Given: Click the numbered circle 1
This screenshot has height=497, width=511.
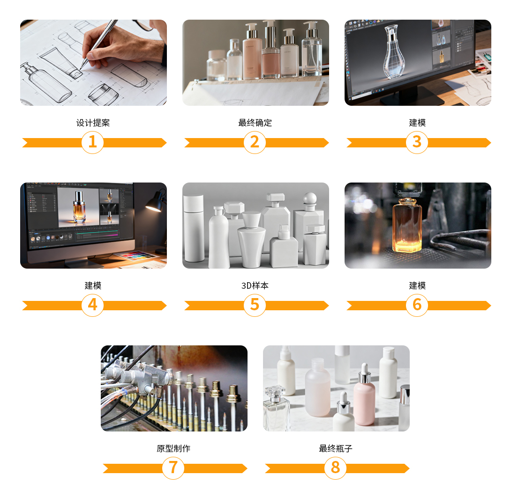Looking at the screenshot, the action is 92,142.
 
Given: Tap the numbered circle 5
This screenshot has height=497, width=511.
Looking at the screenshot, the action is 255,305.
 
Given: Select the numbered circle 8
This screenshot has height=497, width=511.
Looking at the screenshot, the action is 336,468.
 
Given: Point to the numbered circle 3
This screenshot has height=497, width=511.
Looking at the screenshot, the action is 417,142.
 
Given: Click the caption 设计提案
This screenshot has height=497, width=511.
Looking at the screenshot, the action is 93,123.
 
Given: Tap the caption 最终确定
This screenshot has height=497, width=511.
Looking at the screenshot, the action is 255,123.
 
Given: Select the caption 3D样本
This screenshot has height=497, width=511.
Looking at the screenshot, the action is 255,285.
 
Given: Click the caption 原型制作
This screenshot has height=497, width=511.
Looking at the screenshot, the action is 173,448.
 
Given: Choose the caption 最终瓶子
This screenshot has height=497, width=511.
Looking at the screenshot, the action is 336,448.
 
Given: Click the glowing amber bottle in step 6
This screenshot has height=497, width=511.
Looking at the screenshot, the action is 407,225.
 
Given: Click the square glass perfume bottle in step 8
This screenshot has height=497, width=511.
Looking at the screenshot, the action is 276,409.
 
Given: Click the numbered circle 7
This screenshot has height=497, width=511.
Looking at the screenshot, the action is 173,468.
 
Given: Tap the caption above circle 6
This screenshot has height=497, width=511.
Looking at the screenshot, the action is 417,285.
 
